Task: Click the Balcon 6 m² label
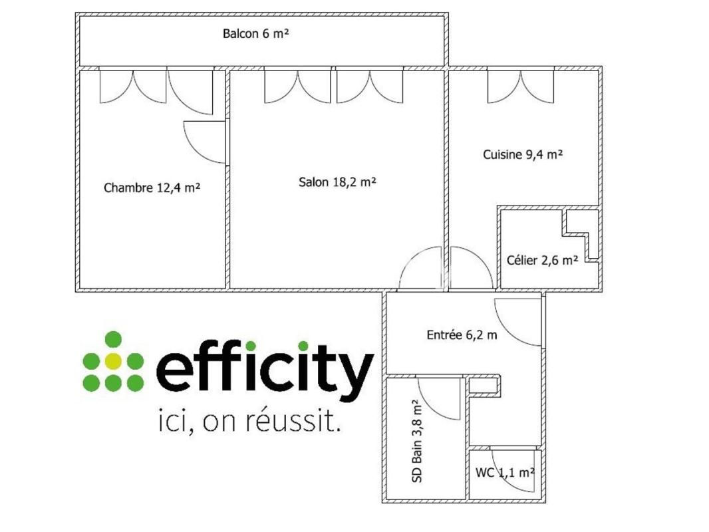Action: tap(255, 33)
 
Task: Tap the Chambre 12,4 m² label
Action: tap(152, 187)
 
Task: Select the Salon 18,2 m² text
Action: tap(337, 182)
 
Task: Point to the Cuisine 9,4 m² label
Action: tap(523, 154)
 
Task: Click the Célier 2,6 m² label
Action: tap(542, 260)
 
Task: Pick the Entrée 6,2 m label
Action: tap(462, 334)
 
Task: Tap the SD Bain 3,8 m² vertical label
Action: tap(417, 441)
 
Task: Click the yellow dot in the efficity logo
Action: tap(112, 361)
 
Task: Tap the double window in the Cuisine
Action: tap(521, 86)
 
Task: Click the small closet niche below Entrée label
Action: tap(484, 386)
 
